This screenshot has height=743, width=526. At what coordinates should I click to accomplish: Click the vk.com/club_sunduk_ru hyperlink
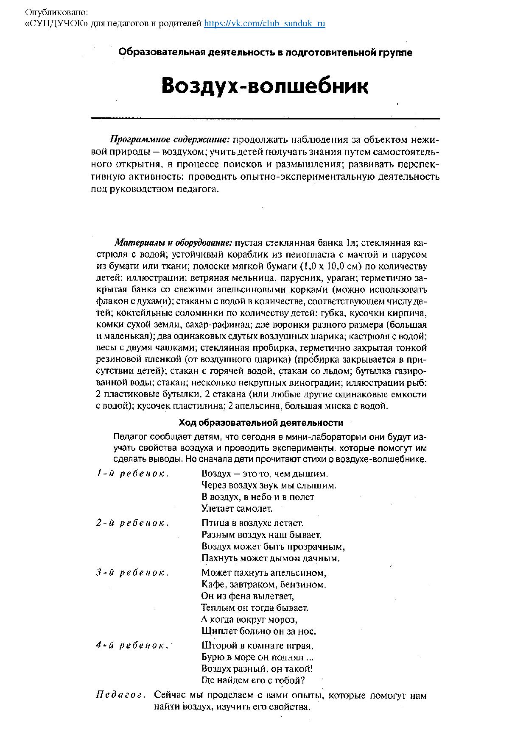265,24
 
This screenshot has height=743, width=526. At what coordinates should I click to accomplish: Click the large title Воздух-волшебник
265,86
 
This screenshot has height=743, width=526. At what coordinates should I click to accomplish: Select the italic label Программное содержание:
170,140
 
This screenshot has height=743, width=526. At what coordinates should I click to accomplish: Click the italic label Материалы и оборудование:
173,243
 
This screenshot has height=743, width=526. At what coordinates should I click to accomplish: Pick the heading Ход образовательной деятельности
261,423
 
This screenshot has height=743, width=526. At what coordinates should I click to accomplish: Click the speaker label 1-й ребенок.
133,474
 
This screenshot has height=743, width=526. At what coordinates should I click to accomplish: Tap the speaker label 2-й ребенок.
133,523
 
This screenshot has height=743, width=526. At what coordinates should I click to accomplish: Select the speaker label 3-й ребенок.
133,573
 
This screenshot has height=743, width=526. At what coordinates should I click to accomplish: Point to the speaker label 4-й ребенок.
133,646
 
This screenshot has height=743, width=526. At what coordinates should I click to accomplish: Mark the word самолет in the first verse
255,508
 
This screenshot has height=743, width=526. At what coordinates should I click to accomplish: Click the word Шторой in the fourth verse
217,646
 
